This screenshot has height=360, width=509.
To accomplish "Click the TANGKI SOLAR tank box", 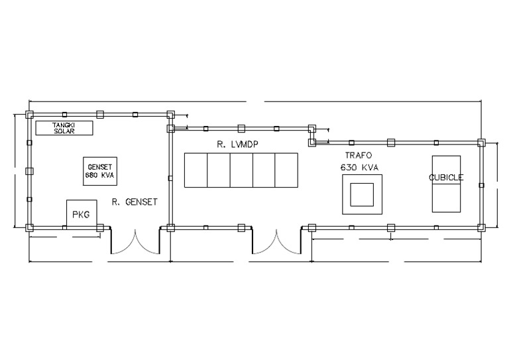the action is click(64, 128).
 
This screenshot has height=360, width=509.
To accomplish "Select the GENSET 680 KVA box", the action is click(100, 172).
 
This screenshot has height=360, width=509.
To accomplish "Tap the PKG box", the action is click(82, 213).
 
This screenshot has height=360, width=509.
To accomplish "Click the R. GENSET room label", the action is click(135, 202).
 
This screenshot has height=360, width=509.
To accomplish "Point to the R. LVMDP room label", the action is click(238, 145).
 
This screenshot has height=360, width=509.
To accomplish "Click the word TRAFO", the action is click(359, 156).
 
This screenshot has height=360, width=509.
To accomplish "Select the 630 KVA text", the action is click(359, 168).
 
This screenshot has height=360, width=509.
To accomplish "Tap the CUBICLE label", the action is click(446, 178).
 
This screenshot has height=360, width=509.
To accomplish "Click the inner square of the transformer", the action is click(362, 194).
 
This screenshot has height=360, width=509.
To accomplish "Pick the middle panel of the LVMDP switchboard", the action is click(241, 170).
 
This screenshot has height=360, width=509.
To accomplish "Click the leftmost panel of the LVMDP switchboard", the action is click(196, 170).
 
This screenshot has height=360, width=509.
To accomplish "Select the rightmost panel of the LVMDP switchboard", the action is click(286, 170).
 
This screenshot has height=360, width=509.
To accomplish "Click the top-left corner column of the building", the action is click(30, 115).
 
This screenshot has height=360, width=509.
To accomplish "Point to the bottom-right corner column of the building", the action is click(481, 227).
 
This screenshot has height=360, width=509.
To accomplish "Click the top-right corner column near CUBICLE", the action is click(481, 143).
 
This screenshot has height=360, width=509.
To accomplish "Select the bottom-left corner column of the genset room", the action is click(30, 227).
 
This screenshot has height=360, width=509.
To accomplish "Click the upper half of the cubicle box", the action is click(446, 170).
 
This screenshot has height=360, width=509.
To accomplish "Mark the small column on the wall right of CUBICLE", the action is click(481, 186).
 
